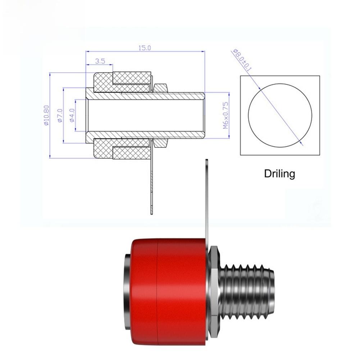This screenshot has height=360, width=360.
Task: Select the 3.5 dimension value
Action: coord(100,61)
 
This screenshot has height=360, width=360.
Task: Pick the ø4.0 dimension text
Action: coord(72,115)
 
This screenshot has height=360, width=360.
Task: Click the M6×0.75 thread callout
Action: coord(225,115)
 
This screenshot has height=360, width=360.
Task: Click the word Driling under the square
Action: coord(279,174)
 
